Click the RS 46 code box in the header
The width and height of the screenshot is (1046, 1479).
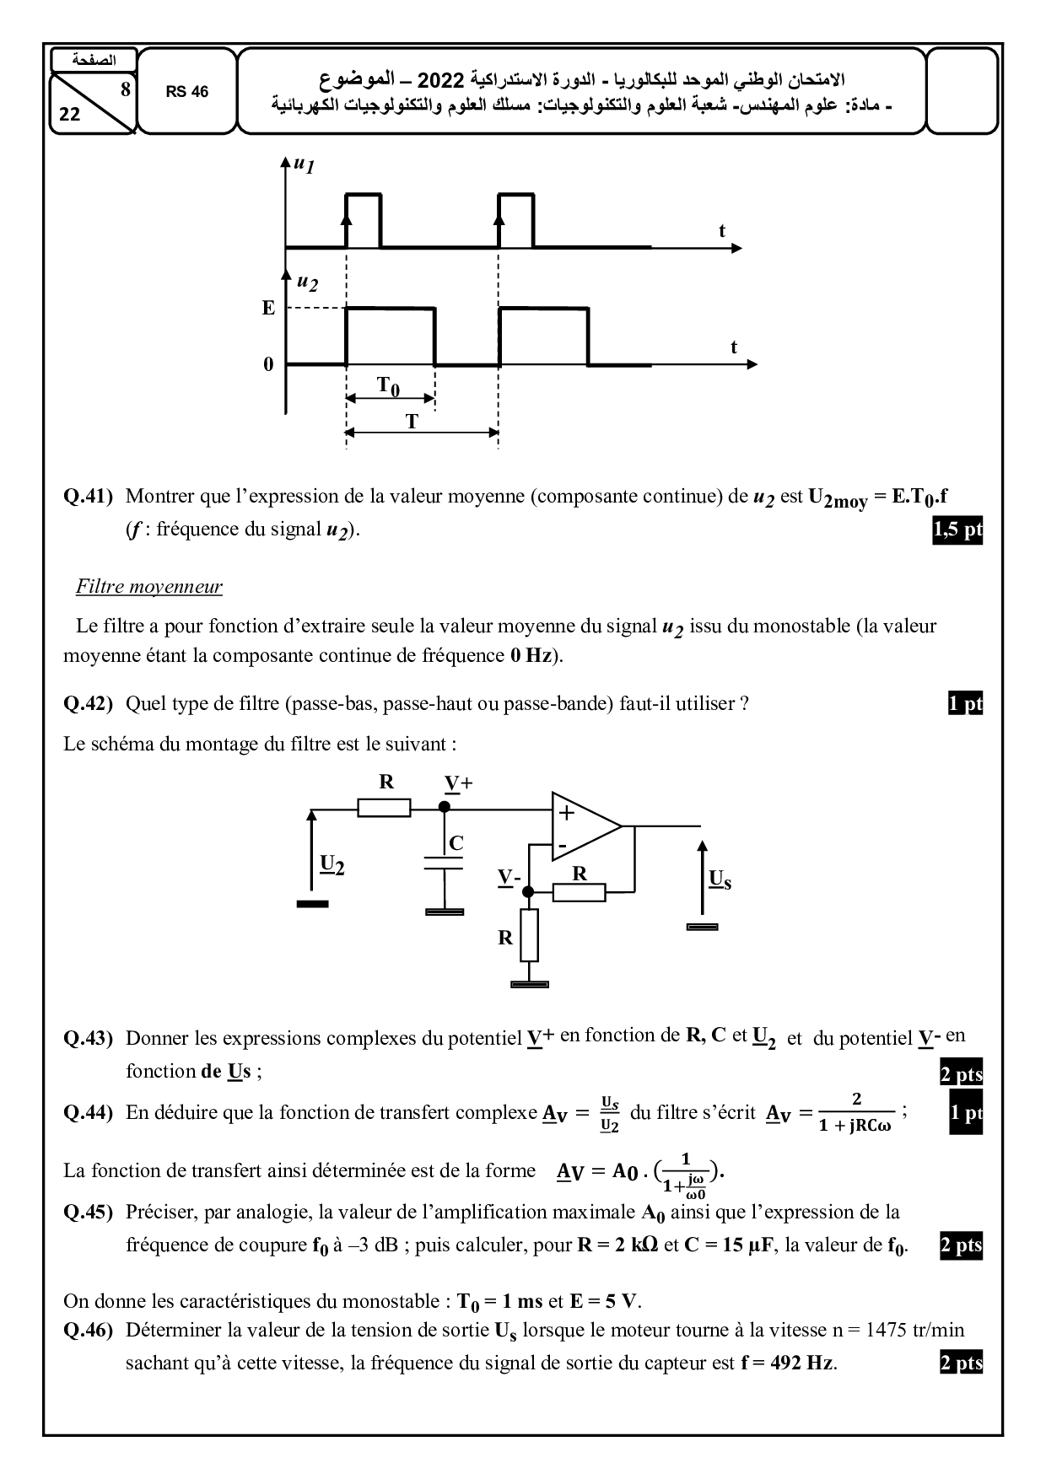click(x=186, y=92)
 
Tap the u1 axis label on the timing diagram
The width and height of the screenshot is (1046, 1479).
click(x=303, y=164)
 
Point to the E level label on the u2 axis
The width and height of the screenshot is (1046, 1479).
click(x=268, y=309)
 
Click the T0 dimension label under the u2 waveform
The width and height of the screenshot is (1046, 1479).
click(x=388, y=386)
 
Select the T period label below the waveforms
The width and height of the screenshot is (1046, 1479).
click(x=412, y=422)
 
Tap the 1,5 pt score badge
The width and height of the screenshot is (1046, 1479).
click(x=957, y=530)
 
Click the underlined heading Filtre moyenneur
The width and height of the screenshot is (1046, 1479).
click(x=148, y=587)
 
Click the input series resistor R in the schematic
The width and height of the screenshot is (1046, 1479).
click(x=384, y=808)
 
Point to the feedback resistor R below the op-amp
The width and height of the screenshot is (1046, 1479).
click(x=579, y=892)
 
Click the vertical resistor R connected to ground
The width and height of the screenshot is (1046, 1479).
click(x=529, y=935)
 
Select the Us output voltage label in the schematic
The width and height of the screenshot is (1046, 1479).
click(x=720, y=880)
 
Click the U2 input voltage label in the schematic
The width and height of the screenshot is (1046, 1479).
click(x=332, y=864)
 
